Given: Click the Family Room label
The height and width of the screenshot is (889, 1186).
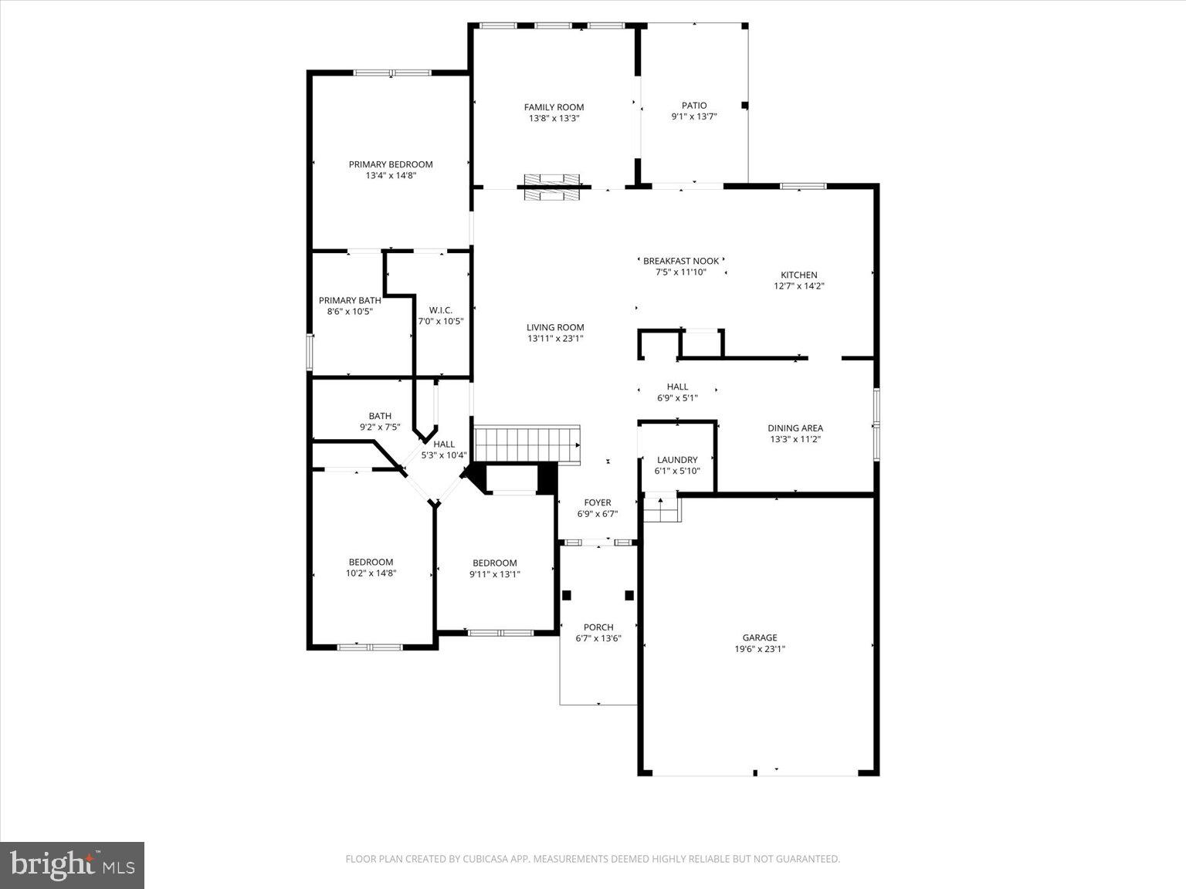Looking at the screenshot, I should [554, 107].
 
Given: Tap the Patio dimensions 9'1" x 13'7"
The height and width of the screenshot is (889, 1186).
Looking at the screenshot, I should [693, 117].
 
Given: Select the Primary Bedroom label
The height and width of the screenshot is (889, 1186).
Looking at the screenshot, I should [391, 164].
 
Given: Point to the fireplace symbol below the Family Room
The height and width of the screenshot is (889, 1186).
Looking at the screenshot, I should [551, 188].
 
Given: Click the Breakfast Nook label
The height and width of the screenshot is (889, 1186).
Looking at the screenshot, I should [680, 261].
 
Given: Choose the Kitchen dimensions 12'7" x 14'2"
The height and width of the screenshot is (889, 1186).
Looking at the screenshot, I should [798, 286].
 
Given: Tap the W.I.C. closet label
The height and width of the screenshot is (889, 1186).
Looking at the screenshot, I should [440, 310].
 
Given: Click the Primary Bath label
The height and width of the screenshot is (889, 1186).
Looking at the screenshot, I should [350, 300].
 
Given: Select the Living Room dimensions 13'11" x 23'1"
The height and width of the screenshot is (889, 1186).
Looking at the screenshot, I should [555, 339].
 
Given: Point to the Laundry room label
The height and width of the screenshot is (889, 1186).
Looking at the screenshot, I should [677, 460].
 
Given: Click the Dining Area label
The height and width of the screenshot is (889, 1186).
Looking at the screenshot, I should [795, 428].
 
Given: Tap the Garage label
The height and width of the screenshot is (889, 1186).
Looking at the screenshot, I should [760, 637].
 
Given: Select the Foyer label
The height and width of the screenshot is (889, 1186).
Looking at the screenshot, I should [598, 502].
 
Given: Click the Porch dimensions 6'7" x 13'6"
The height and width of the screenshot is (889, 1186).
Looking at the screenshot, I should [598, 639].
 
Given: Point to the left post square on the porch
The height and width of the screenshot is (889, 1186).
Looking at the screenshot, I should [567, 595].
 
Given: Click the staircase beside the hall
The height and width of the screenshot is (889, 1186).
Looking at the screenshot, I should [527, 444].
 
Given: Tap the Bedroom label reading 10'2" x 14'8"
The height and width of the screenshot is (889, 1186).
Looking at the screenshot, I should [371, 563].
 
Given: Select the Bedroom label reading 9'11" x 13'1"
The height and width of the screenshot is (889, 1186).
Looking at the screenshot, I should [495, 563].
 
